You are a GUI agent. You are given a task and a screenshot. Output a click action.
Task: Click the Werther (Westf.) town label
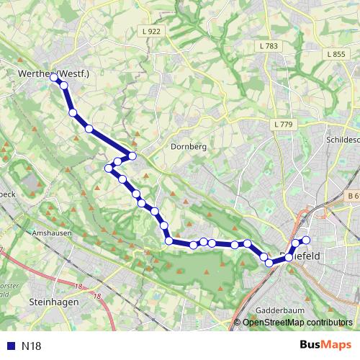click(54, 73)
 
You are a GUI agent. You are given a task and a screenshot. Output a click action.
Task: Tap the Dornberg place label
click(189, 146)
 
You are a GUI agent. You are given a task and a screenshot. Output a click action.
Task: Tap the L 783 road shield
click(266, 46)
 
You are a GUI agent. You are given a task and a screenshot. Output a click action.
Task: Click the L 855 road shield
click(336, 54)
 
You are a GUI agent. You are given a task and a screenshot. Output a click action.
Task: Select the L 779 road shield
click(283, 125)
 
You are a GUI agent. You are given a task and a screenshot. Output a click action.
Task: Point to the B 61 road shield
click(352, 195)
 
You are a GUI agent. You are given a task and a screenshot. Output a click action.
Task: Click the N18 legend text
click(32, 346)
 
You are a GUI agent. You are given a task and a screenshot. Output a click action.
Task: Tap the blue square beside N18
click(11, 346)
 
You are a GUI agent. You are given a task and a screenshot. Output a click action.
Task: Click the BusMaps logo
click(325, 346)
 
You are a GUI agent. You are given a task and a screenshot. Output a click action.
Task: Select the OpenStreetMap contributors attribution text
click(297, 322)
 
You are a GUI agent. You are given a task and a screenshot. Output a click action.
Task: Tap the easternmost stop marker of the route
click(306, 240)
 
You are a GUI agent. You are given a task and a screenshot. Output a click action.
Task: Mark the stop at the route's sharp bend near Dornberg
click(132, 156)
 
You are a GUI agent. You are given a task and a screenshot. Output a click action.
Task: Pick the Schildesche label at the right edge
click(342, 140)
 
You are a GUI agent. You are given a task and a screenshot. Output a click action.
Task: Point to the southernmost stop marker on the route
click(269, 263)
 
